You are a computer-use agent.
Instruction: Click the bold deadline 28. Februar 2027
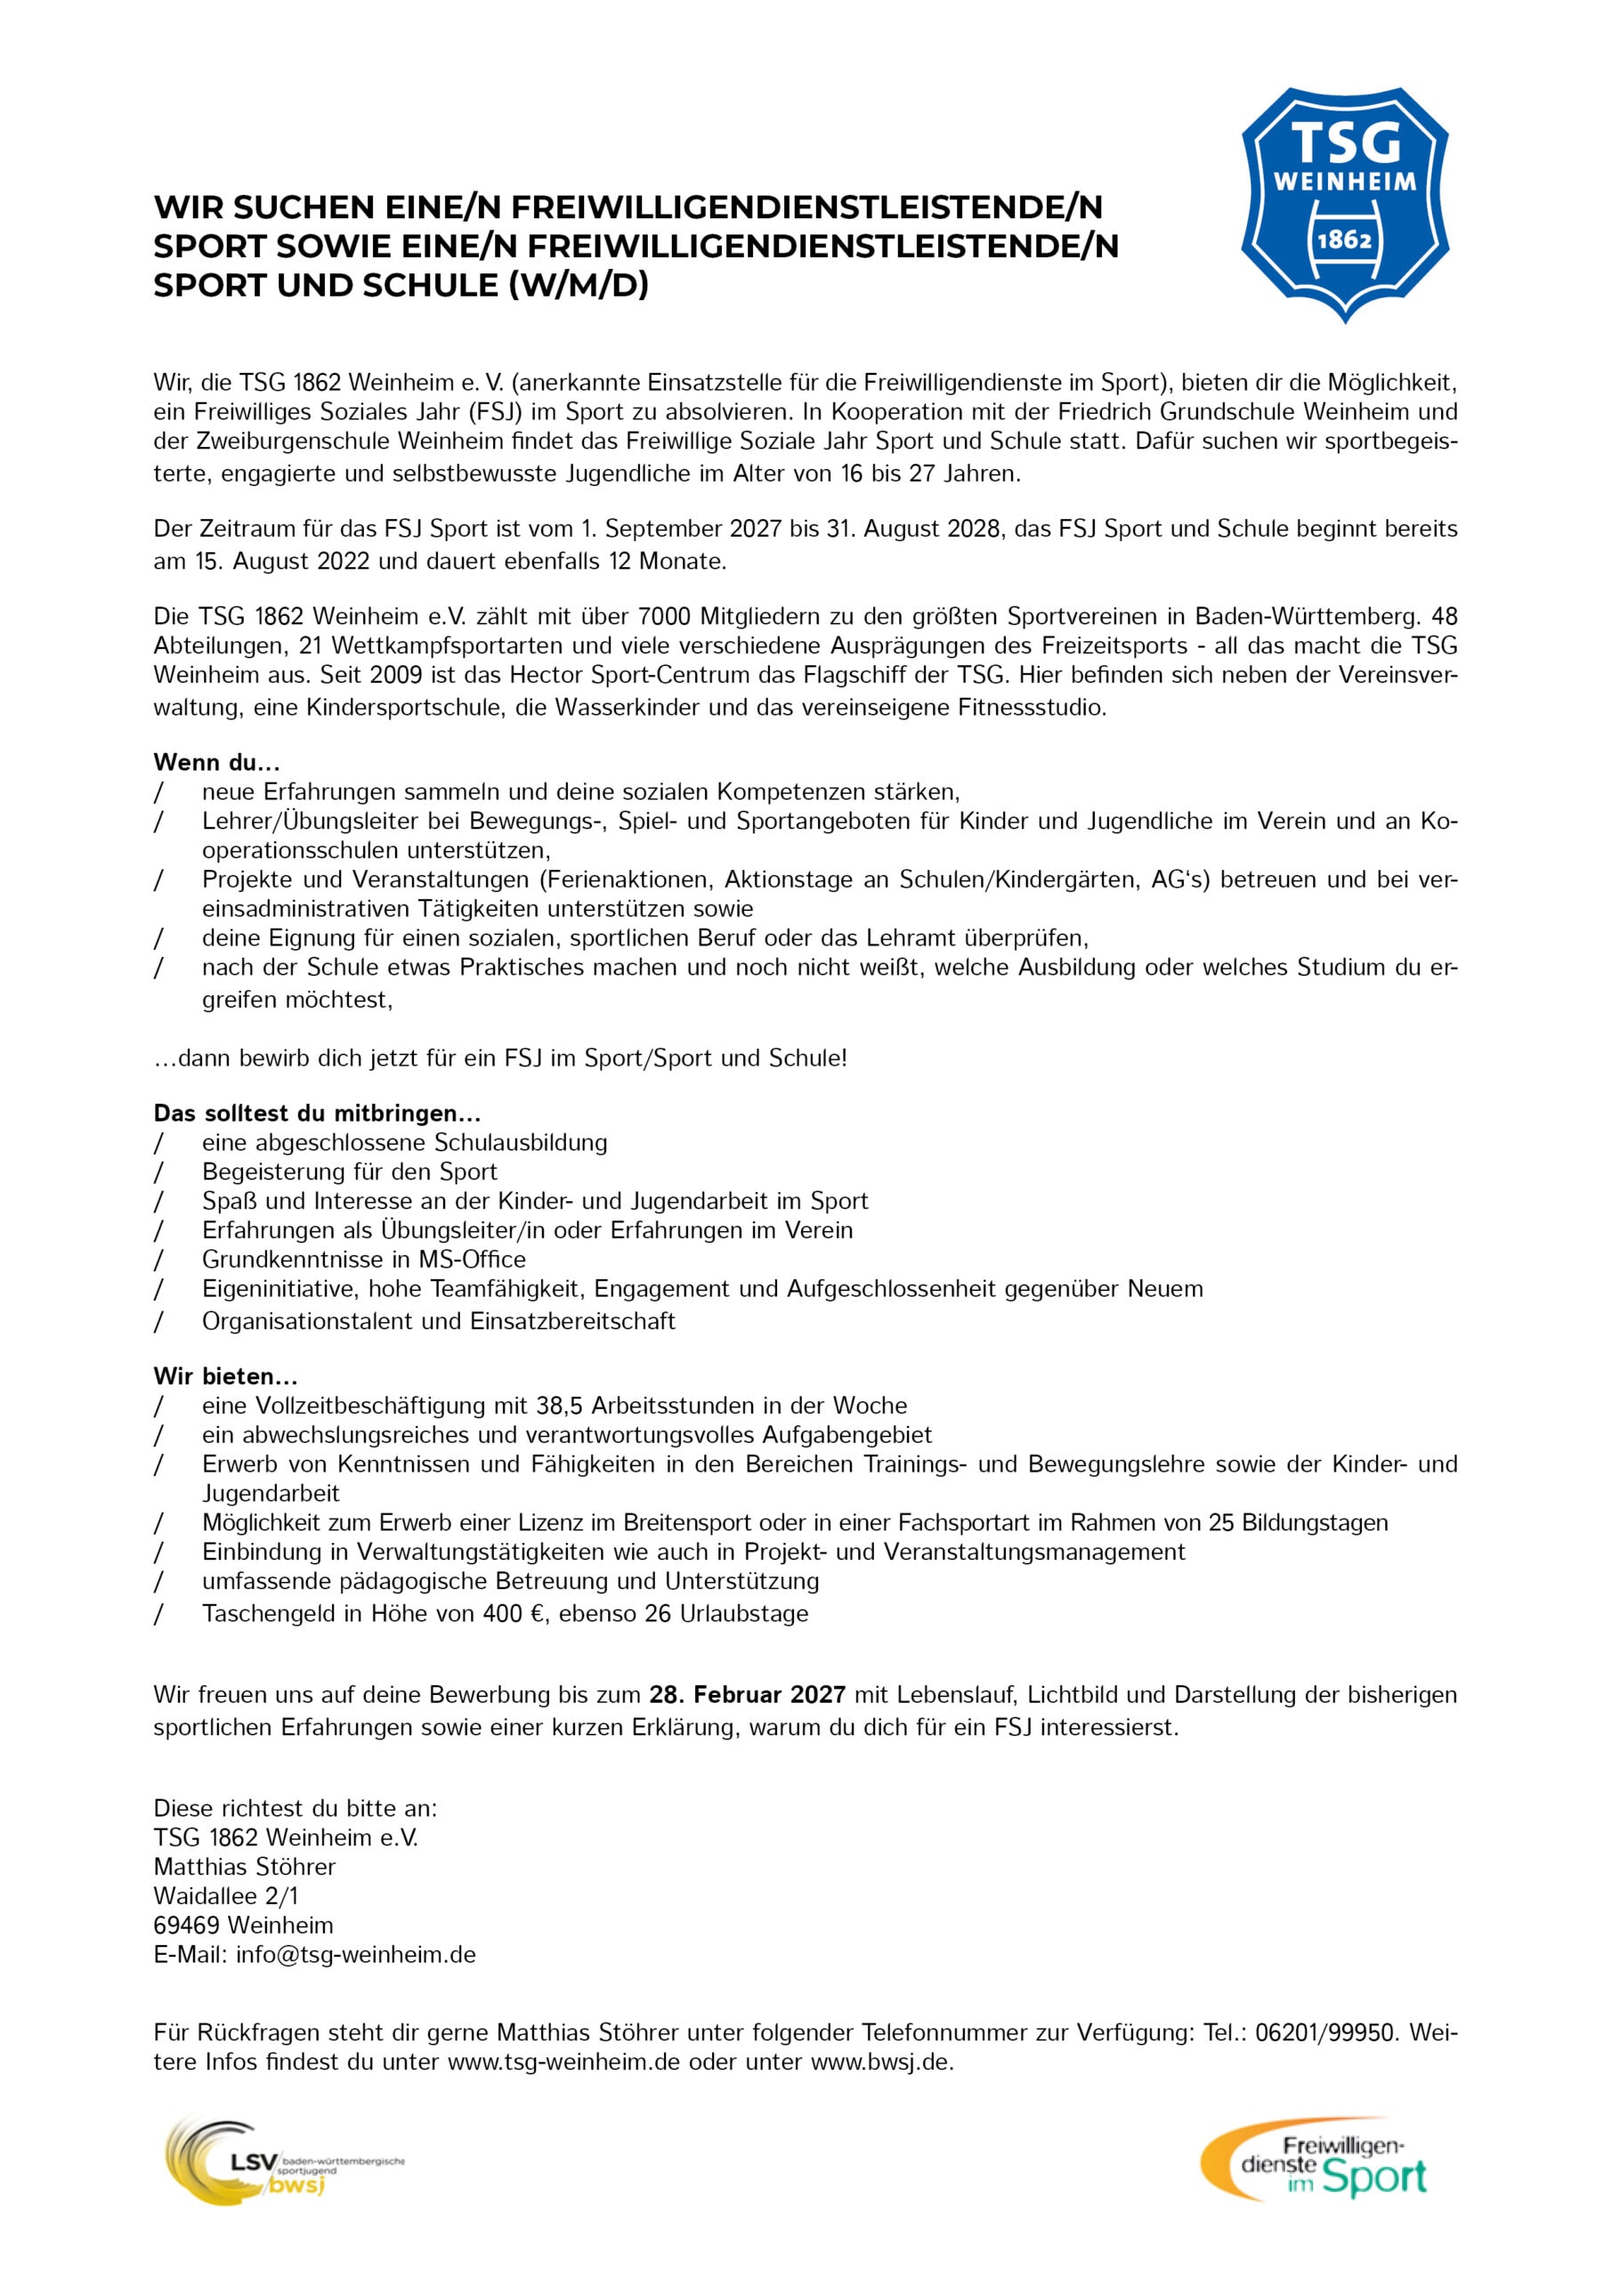748,1694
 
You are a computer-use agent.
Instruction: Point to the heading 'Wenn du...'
216,762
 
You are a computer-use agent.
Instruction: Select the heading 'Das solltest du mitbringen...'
317,1113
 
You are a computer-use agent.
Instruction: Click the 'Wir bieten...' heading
225,1375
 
